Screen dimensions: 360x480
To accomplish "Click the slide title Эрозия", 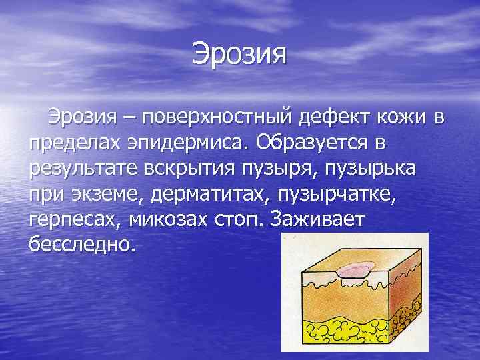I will coord(239,53).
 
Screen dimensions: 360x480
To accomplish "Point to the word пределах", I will coord(73,143).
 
